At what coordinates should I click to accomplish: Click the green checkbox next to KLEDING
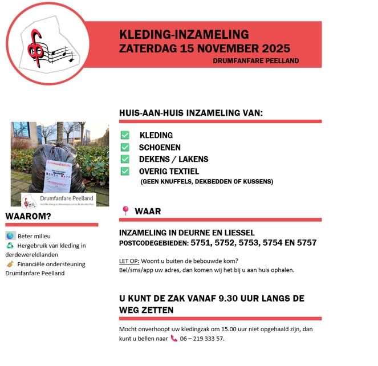[x=125, y=135]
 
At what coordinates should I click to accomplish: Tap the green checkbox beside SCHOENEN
[x=125, y=147]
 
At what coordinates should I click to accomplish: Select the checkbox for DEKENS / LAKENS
[x=125, y=159]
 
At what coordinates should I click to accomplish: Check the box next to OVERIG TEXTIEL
[x=125, y=171]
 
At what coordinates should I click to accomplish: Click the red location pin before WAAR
[x=125, y=211]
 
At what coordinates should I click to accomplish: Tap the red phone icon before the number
[x=174, y=338]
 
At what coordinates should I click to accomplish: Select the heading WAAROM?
[x=28, y=216]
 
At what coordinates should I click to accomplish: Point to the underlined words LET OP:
[x=129, y=261]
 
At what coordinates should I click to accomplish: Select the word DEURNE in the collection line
[x=193, y=233]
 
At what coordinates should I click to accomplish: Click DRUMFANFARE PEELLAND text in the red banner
[x=255, y=60]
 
